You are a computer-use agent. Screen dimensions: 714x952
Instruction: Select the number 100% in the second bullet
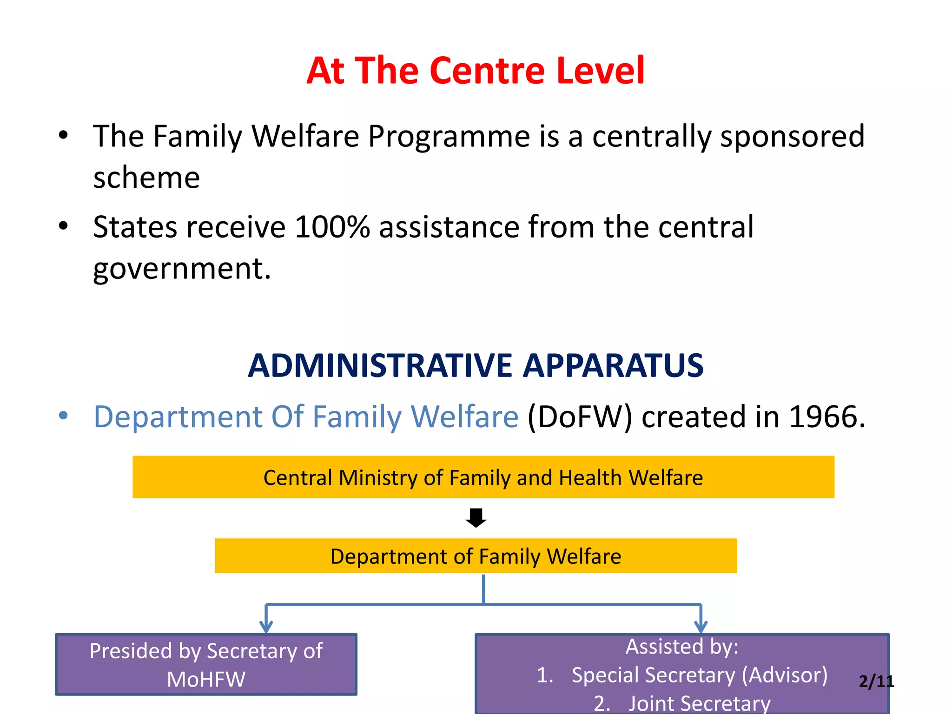pos(332,227)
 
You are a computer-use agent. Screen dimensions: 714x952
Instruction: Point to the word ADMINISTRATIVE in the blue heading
pos(379,365)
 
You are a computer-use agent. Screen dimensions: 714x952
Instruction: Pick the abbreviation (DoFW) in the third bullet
pos(580,416)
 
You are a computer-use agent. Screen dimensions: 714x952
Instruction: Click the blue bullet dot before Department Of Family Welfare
pos(63,415)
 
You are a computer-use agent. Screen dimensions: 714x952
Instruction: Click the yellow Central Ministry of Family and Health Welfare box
pos(483,477)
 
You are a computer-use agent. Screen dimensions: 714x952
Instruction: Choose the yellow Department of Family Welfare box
pos(476,556)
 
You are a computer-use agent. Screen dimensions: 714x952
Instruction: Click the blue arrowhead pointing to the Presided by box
pos(266,627)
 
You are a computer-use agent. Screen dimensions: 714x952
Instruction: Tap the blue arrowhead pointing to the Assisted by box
pos(701,627)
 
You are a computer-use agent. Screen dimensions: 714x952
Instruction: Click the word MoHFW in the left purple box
pos(206,680)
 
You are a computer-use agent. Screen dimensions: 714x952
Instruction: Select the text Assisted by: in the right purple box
pos(681,647)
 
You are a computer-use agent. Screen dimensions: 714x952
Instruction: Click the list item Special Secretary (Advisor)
pos(699,675)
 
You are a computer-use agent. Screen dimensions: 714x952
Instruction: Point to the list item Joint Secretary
pos(699,703)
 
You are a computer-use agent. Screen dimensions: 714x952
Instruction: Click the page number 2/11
pos(876,681)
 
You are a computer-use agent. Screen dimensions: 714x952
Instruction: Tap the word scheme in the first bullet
pos(146,178)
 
